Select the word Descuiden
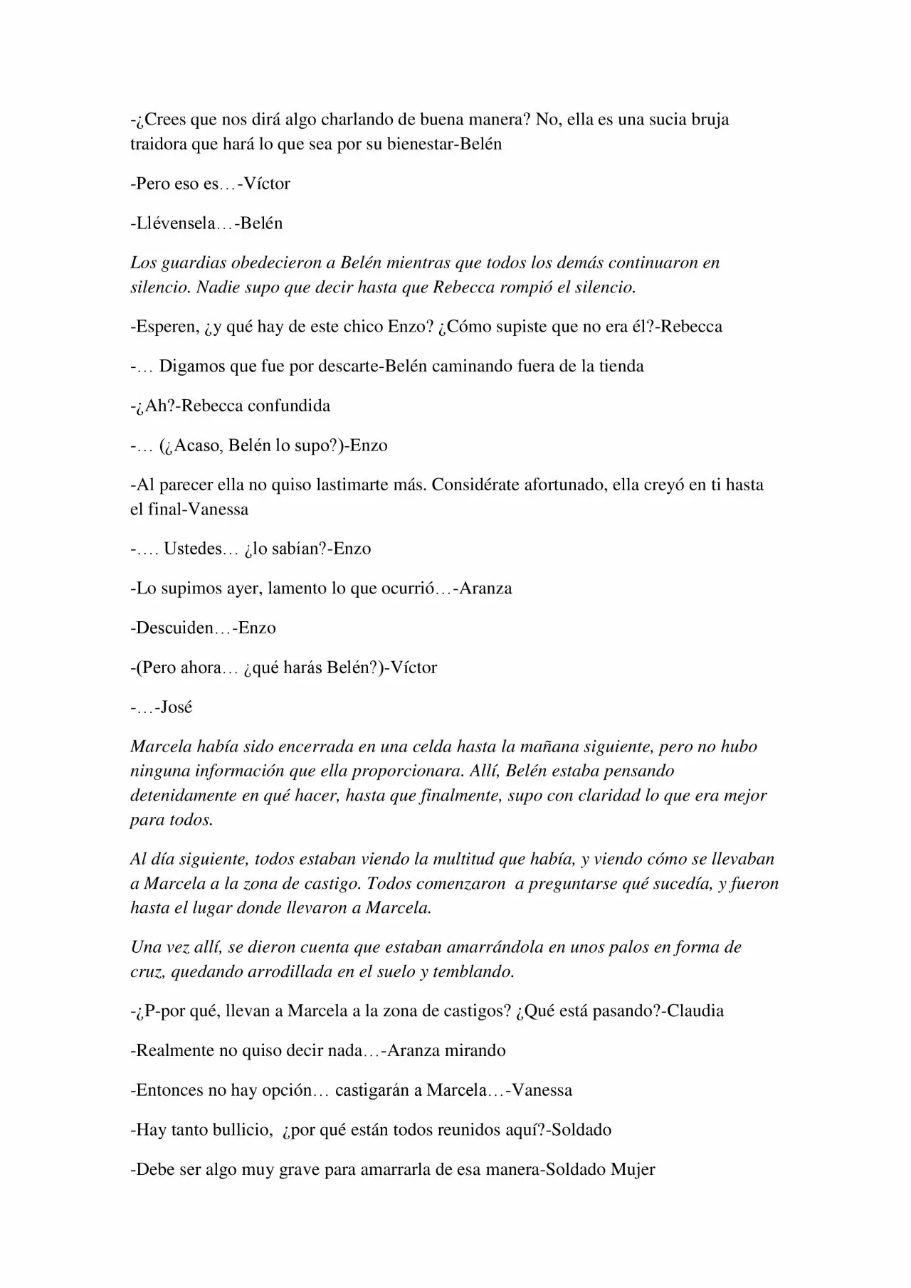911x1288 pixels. pos(174,628)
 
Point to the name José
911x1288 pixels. pos(177,707)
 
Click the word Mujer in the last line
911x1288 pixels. pos(633,1169)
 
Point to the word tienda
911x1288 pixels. pos(621,366)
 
